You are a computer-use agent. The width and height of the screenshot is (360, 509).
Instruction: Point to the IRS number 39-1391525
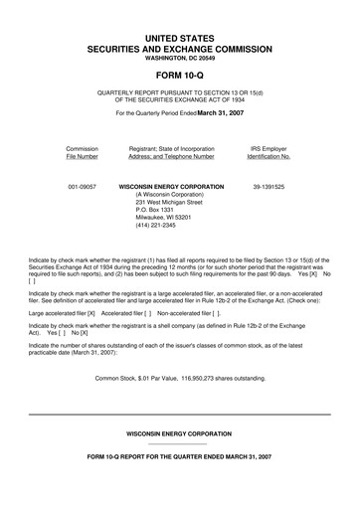pyautogui.click(x=270, y=187)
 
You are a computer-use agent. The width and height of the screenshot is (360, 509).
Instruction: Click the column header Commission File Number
pyautogui.click(x=82, y=152)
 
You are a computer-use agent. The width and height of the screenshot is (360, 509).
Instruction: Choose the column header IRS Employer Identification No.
pyautogui.click(x=269, y=152)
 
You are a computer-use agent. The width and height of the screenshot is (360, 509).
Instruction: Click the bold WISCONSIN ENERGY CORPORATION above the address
pyautogui.click(x=171, y=187)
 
